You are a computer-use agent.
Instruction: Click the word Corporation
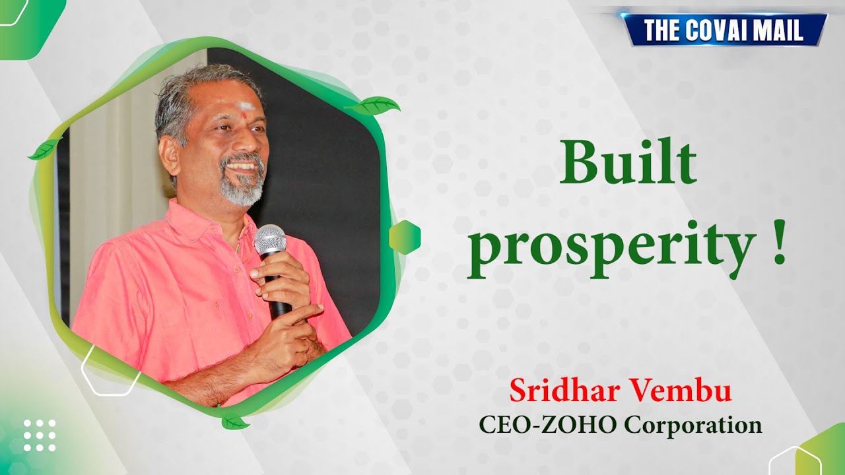pyautogui.click(x=693, y=426)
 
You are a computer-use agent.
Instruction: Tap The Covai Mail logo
pyautogui.click(x=724, y=30)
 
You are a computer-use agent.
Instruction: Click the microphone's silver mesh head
pyautogui.click(x=270, y=241)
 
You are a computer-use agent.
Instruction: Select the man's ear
pyautogui.click(x=169, y=153)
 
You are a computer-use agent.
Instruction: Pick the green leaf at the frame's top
pyautogui.click(x=374, y=106)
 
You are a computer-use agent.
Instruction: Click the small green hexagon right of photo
pyautogui.click(x=405, y=237)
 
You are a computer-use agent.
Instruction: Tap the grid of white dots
pyautogui.click(x=40, y=435)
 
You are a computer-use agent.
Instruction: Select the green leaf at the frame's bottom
pyautogui.click(x=234, y=420)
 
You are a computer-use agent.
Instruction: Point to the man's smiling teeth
pyautogui.click(x=242, y=166)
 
